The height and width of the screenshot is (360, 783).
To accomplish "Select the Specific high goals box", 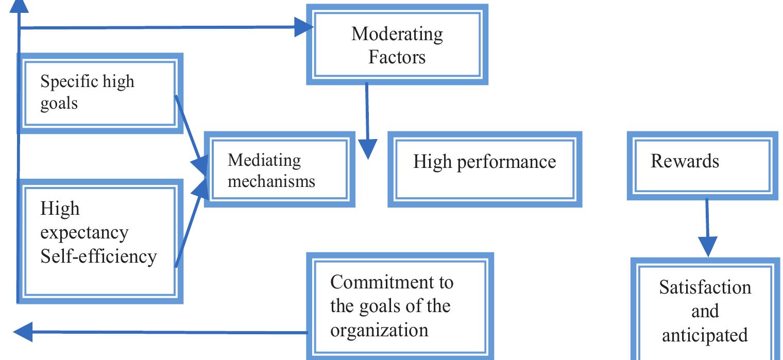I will tap(100, 93).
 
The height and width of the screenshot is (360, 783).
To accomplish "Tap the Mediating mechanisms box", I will tap(279, 169).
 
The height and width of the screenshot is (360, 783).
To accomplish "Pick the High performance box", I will tap(484, 169).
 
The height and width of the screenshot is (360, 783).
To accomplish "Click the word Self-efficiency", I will tap(98, 256).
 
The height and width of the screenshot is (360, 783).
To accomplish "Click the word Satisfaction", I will tap(705, 287).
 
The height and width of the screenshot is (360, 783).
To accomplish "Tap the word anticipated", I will tap(704, 335).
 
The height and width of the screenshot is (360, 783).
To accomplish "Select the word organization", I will tap(379, 330).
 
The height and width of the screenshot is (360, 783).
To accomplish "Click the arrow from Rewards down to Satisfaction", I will tap(707, 227).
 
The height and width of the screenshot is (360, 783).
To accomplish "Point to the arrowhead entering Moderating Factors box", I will tap(304, 27).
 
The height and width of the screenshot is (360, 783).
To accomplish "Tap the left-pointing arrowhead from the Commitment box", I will tap(23, 332).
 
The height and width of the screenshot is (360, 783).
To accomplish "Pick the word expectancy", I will tap(84, 233).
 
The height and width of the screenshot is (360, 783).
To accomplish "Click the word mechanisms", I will tap(271, 181).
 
